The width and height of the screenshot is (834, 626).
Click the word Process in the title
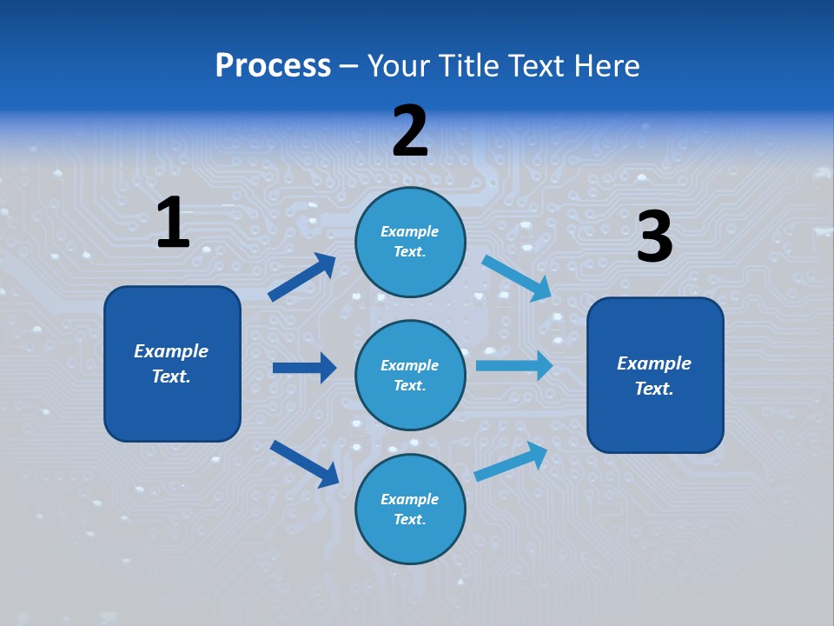pos(273,65)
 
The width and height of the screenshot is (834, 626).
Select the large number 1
pos(173,223)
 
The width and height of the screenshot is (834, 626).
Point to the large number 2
pos(410,131)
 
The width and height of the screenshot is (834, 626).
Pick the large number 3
pos(654,237)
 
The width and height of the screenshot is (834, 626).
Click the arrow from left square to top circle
pos(302,277)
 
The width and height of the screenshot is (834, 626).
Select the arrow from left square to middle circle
pos(304,368)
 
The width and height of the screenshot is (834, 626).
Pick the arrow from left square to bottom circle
pos(304,463)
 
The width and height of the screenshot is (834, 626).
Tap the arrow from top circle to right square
pos(517,278)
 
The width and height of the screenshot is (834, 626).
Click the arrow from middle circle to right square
pos(514,365)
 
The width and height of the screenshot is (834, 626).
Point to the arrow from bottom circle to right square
pos(511,462)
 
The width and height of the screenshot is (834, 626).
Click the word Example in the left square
pos(171,351)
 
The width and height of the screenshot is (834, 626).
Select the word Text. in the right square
pos(654,389)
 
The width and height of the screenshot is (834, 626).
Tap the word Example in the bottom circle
pos(410,499)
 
